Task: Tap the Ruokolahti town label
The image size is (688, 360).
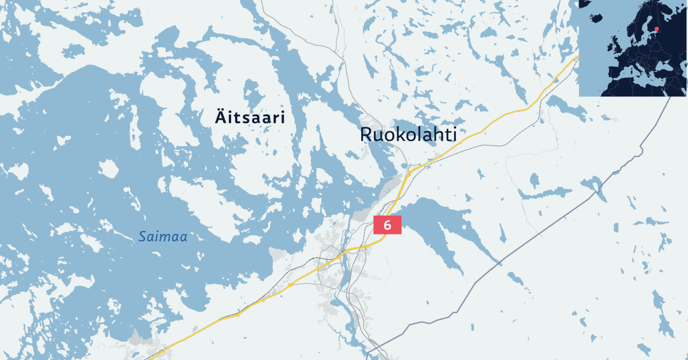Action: point(408,135)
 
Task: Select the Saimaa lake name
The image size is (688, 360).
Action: point(163,236)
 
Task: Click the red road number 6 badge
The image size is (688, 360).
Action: point(387,225)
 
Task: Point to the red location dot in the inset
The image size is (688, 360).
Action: point(656,29)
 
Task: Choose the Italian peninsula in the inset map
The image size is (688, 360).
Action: point(640,70)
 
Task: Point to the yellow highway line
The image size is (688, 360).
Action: point(505,115)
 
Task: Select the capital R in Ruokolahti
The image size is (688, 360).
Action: point(366,135)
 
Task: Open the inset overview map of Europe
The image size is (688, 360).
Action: point(633,48)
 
